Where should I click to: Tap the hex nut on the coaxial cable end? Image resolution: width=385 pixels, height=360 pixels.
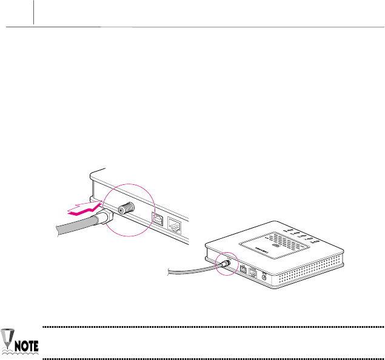point(104,218)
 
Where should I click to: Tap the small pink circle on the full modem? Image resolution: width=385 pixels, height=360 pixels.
point(224,264)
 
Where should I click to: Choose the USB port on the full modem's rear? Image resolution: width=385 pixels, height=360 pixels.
point(243,268)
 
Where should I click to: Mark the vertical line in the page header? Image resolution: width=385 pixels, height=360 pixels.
point(34,12)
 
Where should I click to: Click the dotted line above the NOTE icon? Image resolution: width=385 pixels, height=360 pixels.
point(212,327)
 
